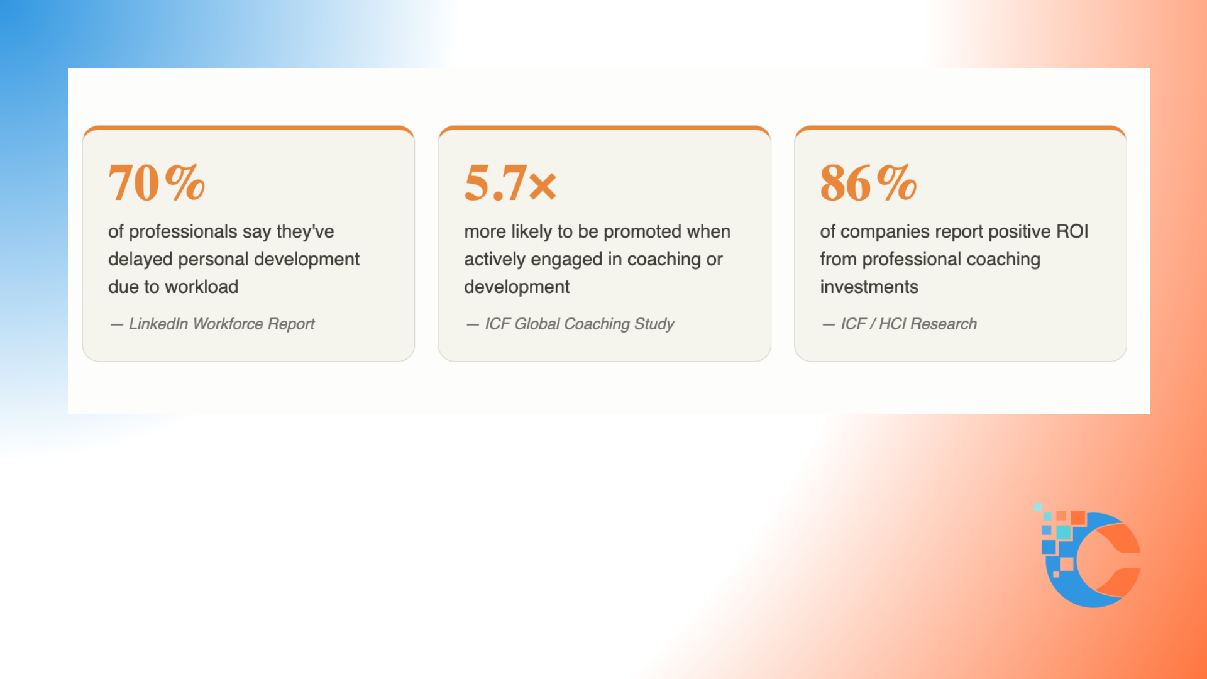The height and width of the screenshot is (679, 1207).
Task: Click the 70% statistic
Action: [157, 183]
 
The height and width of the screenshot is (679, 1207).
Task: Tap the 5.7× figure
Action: [510, 183]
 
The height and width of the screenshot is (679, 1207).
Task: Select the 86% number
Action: [868, 183]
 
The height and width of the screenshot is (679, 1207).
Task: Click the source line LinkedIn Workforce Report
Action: [212, 324]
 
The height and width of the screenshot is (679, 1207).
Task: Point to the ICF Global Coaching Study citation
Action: [570, 324]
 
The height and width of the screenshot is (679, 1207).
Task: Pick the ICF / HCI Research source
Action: [900, 324]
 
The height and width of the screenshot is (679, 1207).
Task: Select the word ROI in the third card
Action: [1072, 231]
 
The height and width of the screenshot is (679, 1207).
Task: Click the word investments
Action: [869, 287]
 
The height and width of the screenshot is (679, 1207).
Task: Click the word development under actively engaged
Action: [517, 287]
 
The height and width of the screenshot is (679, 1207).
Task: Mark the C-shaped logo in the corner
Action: [1088, 556]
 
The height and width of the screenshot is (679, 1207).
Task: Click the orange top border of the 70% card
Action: [248, 128]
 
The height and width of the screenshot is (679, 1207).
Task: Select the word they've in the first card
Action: [305, 232]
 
